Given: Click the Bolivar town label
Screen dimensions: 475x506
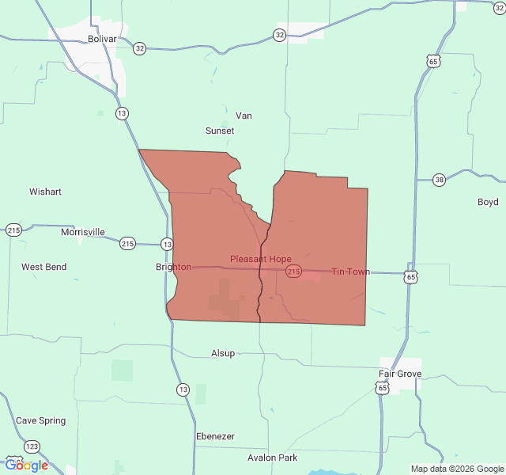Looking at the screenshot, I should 102,39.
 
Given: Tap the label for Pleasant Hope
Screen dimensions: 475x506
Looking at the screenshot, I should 260,259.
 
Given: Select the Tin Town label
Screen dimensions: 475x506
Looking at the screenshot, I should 349,272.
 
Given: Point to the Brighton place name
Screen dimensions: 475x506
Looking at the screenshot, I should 173,267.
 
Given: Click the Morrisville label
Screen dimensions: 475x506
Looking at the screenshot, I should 83,232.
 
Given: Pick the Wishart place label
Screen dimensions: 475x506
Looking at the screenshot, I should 45,192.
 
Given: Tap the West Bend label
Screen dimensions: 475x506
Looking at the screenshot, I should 43,267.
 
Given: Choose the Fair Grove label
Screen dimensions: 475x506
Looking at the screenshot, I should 399,374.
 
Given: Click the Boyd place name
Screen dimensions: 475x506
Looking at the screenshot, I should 488,202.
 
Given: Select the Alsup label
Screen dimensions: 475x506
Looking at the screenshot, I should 223,353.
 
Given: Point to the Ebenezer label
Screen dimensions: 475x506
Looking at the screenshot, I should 215,436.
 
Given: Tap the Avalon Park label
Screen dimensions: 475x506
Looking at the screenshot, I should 272,458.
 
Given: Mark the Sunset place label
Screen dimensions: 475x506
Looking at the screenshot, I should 220,131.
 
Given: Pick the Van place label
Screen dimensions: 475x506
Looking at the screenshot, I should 244,116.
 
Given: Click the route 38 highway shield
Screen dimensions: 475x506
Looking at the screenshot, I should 440,180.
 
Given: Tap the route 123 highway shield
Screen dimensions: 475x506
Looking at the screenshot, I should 32,446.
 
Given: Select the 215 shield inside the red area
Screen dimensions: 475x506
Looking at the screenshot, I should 293,272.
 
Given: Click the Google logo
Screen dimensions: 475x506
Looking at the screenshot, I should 26,465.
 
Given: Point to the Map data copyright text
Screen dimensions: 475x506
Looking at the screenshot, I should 456,469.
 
